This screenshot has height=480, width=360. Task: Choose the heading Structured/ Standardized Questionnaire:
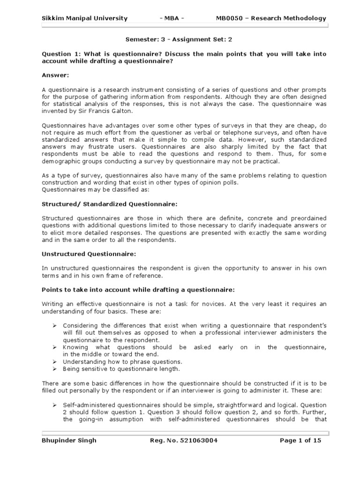[110, 204]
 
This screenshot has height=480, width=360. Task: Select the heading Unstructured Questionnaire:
[89, 254]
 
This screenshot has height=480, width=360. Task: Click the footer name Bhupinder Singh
[69, 441]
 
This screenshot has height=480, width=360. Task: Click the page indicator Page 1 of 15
[300, 441]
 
